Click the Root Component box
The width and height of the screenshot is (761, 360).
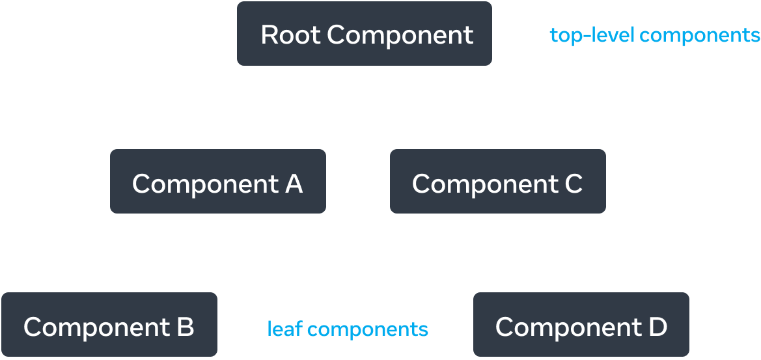point(365,35)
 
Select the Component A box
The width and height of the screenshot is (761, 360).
point(217,182)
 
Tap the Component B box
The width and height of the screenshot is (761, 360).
point(109,325)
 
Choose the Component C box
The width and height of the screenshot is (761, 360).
point(497,182)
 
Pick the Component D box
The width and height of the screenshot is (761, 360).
point(581,325)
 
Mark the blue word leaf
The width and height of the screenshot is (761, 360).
point(284,329)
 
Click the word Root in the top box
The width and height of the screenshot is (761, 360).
point(290,35)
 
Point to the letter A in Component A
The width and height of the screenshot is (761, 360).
point(294,184)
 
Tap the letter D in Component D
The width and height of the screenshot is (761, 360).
point(657,326)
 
